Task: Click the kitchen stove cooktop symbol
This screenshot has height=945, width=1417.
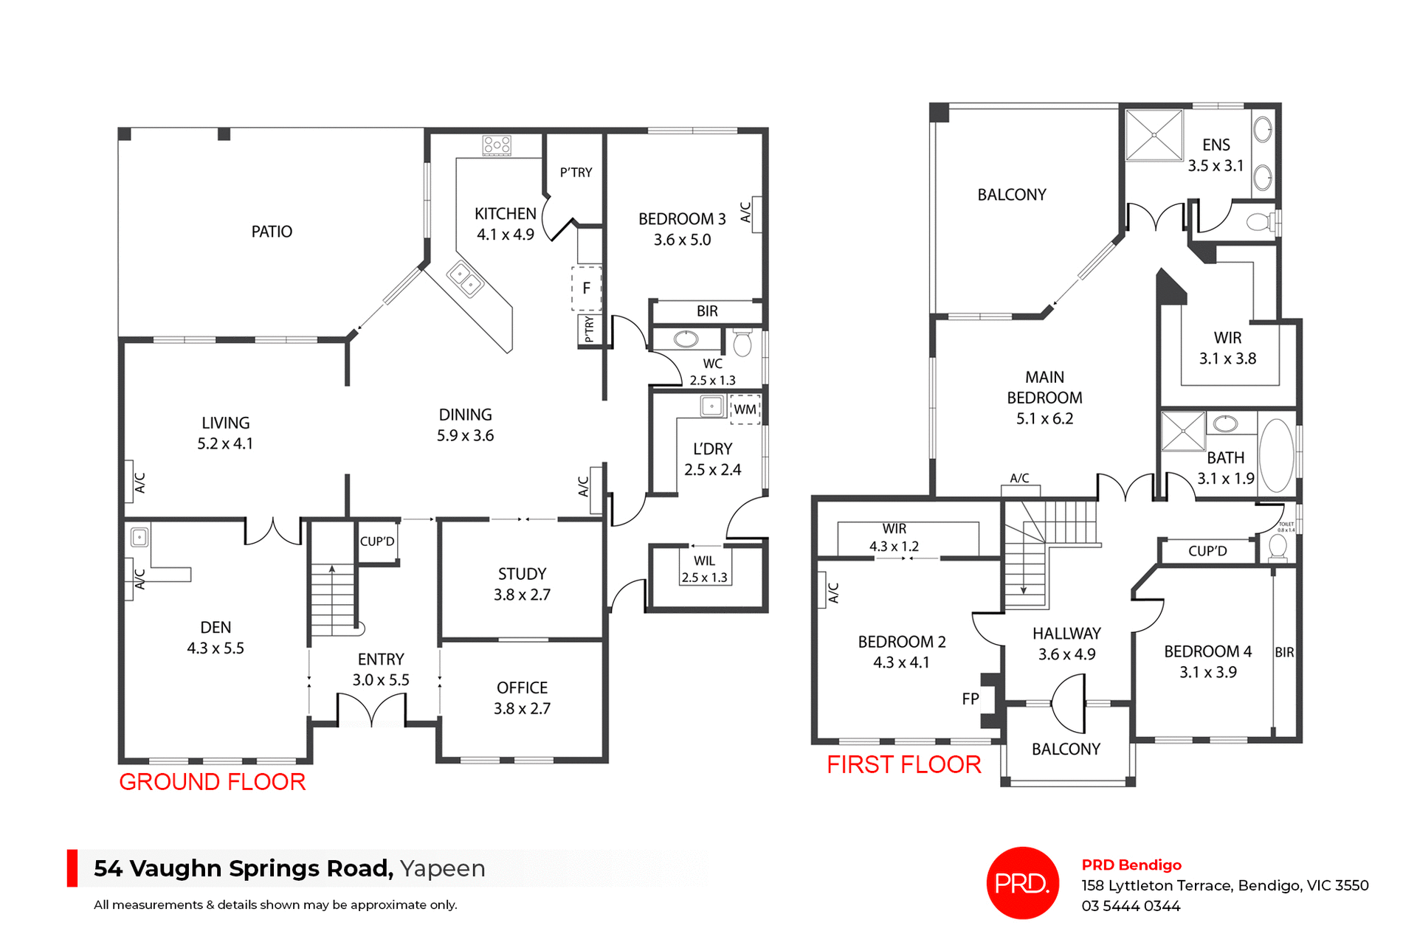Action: (497, 145)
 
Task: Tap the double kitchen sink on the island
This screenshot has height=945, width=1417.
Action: (465, 279)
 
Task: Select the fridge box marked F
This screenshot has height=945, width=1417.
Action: (587, 288)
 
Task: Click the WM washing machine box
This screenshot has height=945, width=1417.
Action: (745, 409)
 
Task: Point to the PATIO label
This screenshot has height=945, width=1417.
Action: (272, 232)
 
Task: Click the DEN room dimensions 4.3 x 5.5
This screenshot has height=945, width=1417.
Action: (216, 648)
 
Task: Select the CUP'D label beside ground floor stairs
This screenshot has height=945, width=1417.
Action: (377, 541)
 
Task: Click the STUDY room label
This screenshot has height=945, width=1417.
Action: (522, 574)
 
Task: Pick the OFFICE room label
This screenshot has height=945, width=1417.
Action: (522, 688)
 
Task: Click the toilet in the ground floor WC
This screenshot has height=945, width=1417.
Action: (742, 343)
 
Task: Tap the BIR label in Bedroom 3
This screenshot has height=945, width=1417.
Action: (707, 311)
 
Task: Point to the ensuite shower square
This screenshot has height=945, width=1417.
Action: (1154, 135)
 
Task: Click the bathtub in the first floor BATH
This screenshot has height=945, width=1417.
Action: (1276, 455)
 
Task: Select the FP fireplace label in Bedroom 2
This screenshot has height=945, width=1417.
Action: (970, 699)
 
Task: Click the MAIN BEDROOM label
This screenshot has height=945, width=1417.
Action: (1044, 387)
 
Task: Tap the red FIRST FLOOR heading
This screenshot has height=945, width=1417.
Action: (903, 764)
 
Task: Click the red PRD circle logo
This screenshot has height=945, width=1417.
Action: (1022, 882)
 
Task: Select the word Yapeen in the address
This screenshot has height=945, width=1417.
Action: (442, 868)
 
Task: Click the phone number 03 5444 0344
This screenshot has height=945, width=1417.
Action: (1131, 906)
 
